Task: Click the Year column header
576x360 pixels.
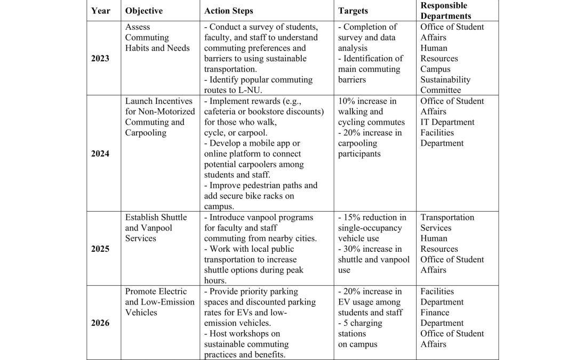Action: click(101, 11)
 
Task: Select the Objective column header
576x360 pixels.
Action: click(143, 11)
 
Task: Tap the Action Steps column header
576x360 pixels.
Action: click(229, 11)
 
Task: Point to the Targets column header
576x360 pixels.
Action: click(353, 11)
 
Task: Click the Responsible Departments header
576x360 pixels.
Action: click(444, 11)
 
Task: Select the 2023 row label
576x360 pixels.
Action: click(101, 58)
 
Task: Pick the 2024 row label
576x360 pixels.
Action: click(101, 154)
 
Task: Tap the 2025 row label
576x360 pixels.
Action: click(101, 249)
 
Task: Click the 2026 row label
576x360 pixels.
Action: click(101, 323)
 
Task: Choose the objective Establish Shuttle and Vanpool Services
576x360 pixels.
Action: click(156, 228)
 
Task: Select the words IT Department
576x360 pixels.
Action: click(447, 122)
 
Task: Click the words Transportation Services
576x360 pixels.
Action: click(447, 222)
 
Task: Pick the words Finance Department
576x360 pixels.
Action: click(442, 317)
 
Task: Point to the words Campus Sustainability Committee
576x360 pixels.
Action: click(445, 79)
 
